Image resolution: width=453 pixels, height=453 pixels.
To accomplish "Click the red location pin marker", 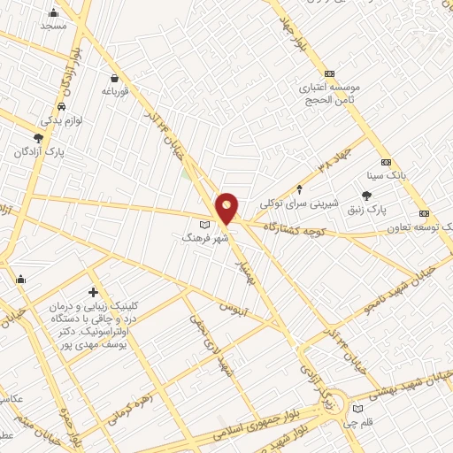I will (227, 207).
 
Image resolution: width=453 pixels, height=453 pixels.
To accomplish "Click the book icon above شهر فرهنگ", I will (205, 225).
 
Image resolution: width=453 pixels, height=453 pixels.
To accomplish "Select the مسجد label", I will (53, 26).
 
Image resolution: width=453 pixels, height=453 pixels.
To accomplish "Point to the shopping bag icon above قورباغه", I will (115, 78).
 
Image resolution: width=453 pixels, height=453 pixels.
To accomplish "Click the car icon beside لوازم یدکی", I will (45, 119).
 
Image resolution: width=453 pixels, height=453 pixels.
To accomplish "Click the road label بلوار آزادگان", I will (68, 76).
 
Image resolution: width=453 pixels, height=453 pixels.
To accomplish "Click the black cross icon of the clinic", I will (94, 293).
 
